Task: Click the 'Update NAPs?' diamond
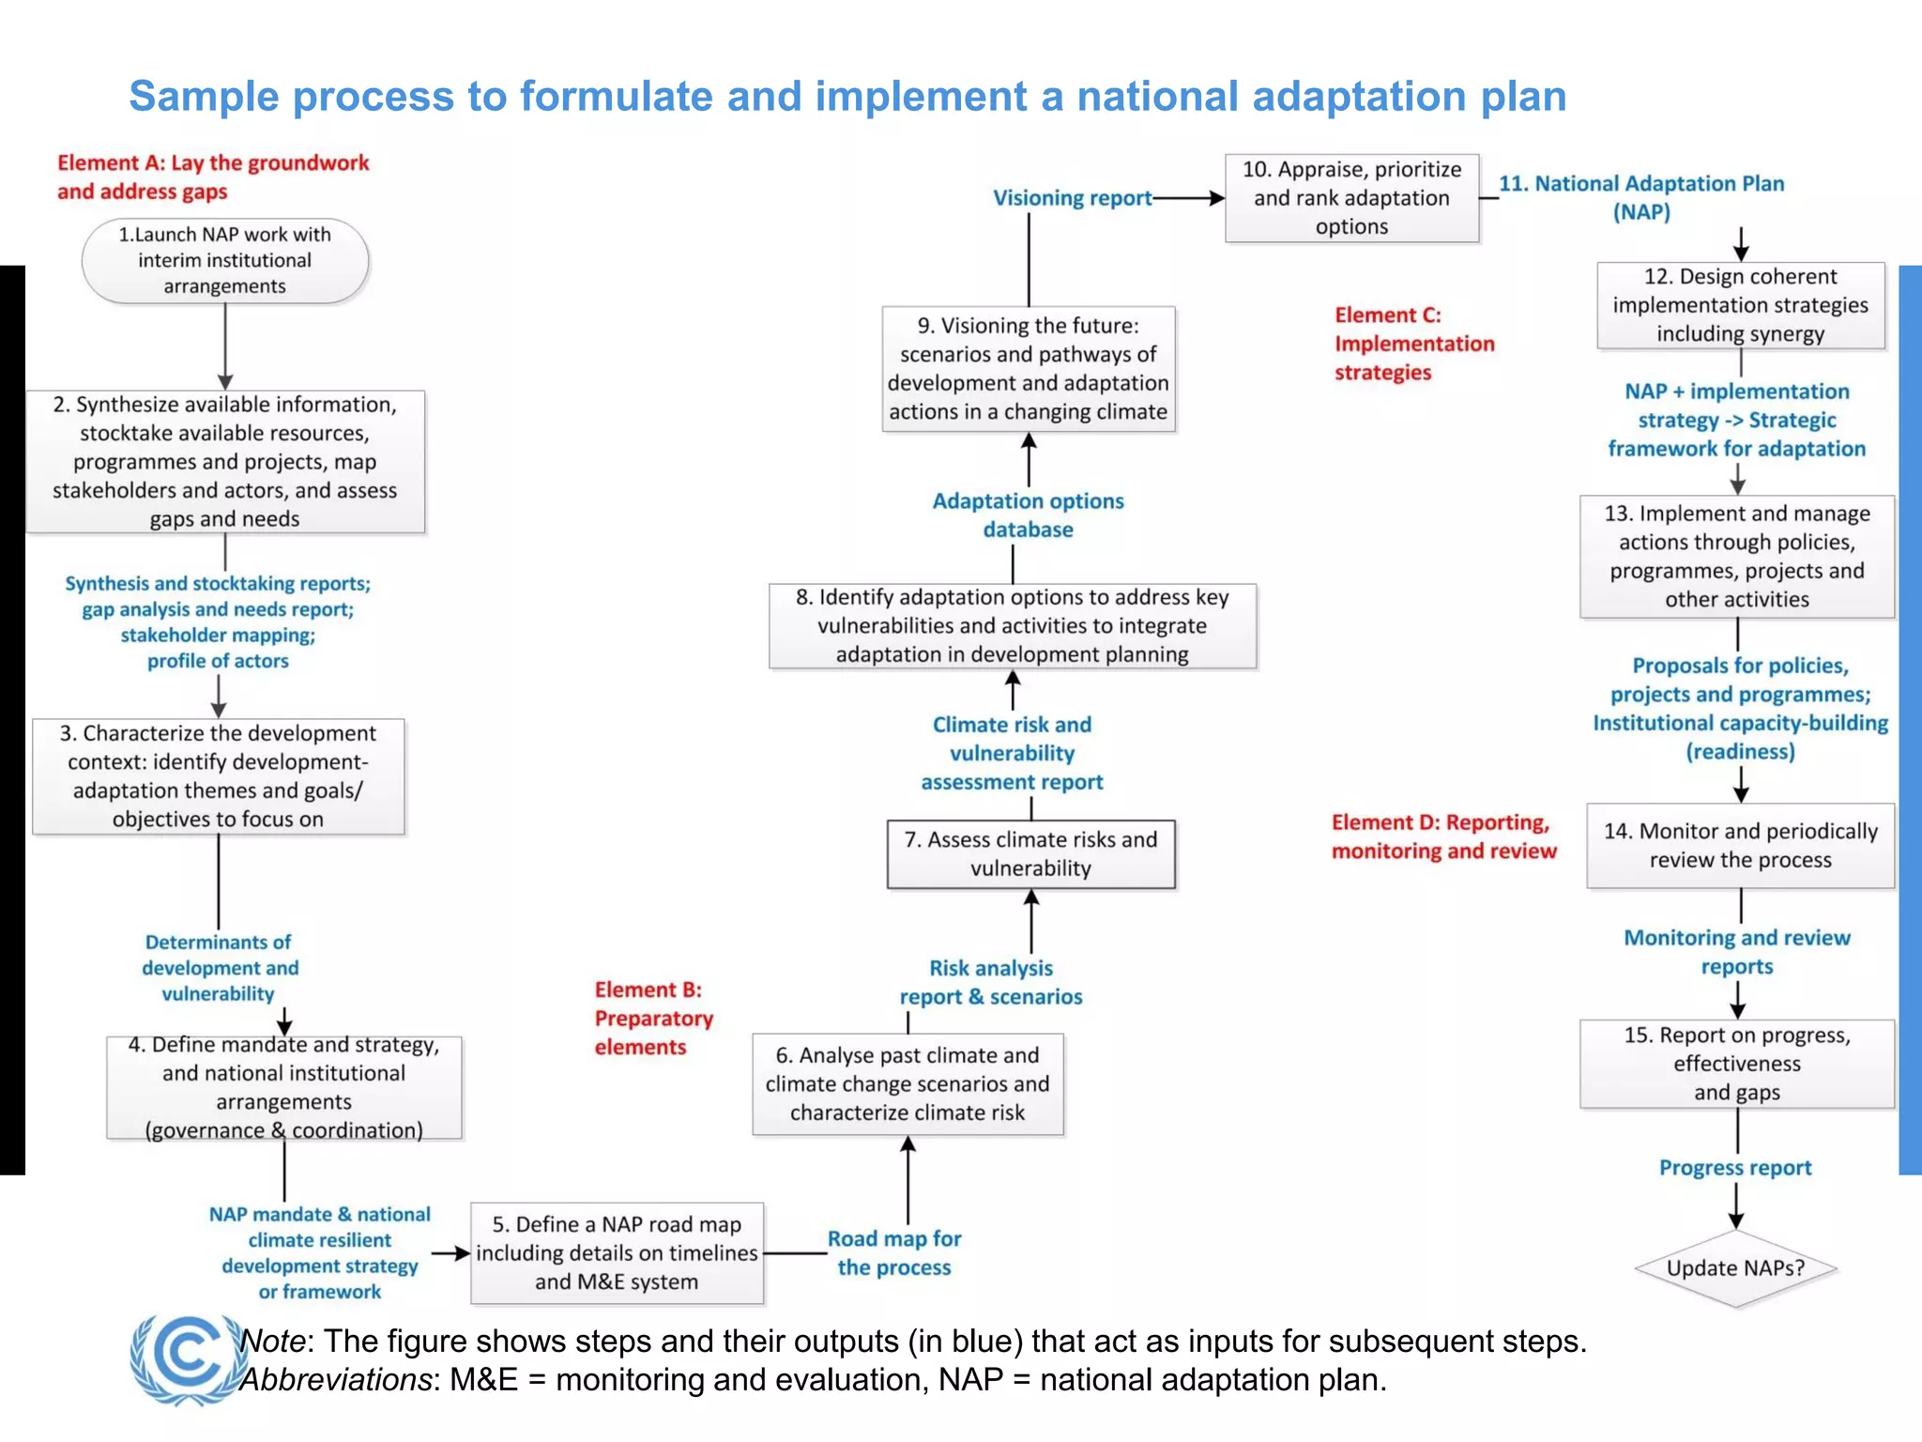(x=1735, y=1268)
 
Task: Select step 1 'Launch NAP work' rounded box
(x=225, y=261)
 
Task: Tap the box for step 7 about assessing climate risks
(x=1030, y=854)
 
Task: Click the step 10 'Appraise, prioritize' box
(x=1351, y=198)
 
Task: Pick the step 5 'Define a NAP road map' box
(x=617, y=1253)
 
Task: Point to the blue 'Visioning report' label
(x=1072, y=198)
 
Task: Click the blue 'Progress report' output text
(x=1735, y=1168)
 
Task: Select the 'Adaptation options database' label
(x=1028, y=515)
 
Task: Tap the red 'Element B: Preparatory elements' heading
(x=653, y=1019)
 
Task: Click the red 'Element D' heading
(x=1443, y=836)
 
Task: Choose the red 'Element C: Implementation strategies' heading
(x=1414, y=344)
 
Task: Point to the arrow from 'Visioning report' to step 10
(x=1189, y=198)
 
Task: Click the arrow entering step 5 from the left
(x=450, y=1253)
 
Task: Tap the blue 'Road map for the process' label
(x=894, y=1253)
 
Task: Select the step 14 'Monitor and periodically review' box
(x=1740, y=846)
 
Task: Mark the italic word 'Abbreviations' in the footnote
(x=335, y=1380)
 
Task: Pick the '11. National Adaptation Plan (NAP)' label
(x=1641, y=197)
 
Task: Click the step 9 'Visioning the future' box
(x=1029, y=369)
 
